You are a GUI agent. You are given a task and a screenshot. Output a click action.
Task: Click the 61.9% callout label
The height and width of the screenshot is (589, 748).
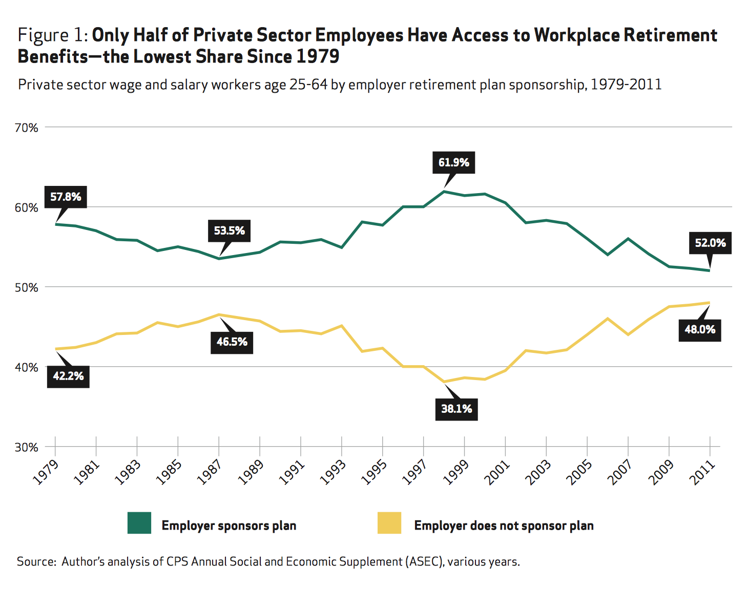[x=453, y=162]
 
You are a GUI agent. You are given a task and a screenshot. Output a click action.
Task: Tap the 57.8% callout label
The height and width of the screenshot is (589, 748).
[x=66, y=197]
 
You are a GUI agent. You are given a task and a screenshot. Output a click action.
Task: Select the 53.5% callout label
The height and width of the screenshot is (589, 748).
[x=229, y=230]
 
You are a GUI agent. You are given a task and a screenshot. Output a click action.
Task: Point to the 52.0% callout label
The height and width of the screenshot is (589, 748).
[x=710, y=243]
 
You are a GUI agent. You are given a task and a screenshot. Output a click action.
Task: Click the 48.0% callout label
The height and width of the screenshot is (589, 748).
[x=700, y=329]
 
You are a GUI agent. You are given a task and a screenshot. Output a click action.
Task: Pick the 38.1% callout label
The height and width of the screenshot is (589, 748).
[x=456, y=409]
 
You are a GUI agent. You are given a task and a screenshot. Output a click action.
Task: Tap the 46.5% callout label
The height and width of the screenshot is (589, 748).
[x=232, y=342]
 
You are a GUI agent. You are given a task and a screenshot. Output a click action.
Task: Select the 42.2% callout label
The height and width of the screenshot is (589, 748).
[x=68, y=376]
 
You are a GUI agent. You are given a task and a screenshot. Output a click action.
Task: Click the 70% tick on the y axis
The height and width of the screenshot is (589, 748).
[x=27, y=128]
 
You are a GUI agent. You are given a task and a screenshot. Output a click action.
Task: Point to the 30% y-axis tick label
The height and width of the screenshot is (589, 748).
[x=27, y=447]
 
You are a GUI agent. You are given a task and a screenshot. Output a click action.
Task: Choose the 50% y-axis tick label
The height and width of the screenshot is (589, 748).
[x=27, y=287]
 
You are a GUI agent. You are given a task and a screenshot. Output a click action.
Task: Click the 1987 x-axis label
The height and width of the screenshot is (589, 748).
[x=210, y=472]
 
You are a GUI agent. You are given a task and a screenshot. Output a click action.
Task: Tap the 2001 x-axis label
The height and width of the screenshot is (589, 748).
[x=497, y=472]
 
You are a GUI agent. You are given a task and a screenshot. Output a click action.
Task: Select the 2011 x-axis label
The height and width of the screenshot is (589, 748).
[x=702, y=472]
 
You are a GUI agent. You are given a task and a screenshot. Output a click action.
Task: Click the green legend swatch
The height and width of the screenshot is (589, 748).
[x=139, y=523]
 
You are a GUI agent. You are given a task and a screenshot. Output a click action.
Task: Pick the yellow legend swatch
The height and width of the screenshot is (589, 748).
[x=389, y=523]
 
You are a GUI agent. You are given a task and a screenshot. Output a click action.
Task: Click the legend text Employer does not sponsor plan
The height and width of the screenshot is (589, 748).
[x=504, y=525]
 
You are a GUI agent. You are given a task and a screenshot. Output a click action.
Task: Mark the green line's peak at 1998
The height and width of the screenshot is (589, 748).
[x=444, y=192]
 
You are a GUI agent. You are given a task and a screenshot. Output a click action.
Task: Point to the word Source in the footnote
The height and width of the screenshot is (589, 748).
[x=35, y=561]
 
